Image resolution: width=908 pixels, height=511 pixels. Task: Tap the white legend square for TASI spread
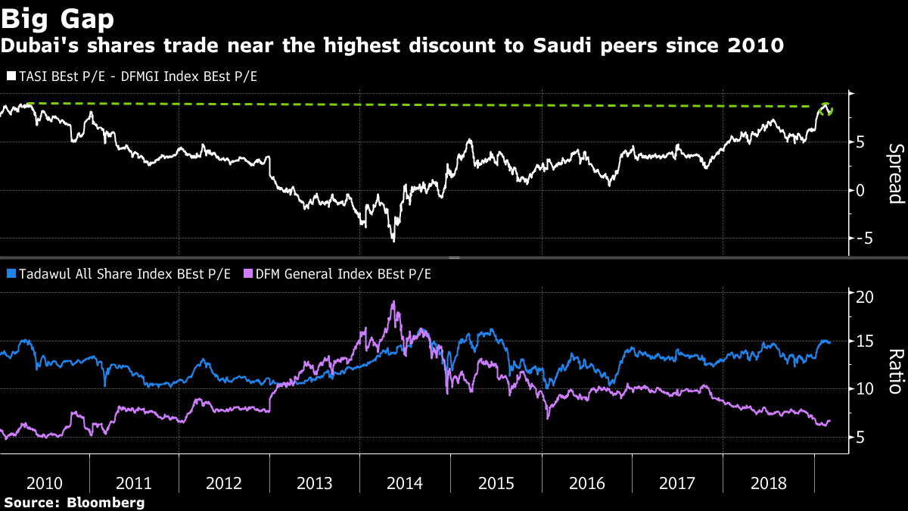click(x=10, y=76)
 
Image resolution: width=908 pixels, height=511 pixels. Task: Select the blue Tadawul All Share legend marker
click(x=10, y=273)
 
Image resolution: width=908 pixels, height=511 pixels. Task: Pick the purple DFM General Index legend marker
click(x=247, y=273)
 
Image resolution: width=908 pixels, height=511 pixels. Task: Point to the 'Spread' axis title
click(x=895, y=173)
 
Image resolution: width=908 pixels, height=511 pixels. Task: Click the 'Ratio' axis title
click(x=895, y=372)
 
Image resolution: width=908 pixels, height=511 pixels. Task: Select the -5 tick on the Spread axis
click(x=861, y=238)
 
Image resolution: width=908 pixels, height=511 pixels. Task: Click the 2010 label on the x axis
click(x=45, y=483)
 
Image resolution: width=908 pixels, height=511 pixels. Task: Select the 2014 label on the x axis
click(x=405, y=483)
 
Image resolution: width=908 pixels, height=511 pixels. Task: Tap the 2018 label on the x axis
click(x=767, y=483)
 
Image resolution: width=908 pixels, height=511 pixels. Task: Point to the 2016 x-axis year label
click(x=586, y=483)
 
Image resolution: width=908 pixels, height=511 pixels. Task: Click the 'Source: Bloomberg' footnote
click(x=74, y=502)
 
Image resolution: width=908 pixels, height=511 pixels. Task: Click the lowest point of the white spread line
click(x=393, y=241)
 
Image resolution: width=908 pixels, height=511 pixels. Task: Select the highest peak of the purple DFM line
click(x=393, y=302)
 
